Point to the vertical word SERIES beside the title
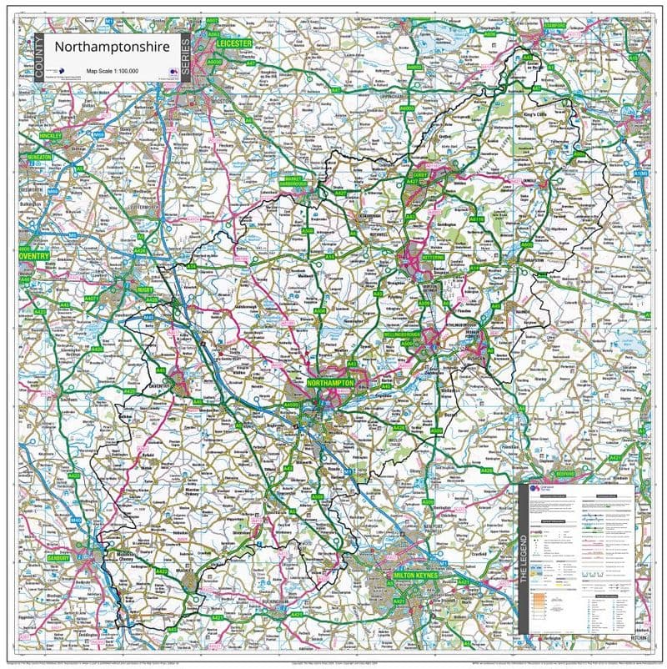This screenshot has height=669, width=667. click(x=185, y=58)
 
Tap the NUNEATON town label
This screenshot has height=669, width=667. click(x=36, y=156)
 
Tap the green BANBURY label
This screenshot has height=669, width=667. click(x=34, y=558)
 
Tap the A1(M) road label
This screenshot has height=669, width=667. click(x=639, y=173)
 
